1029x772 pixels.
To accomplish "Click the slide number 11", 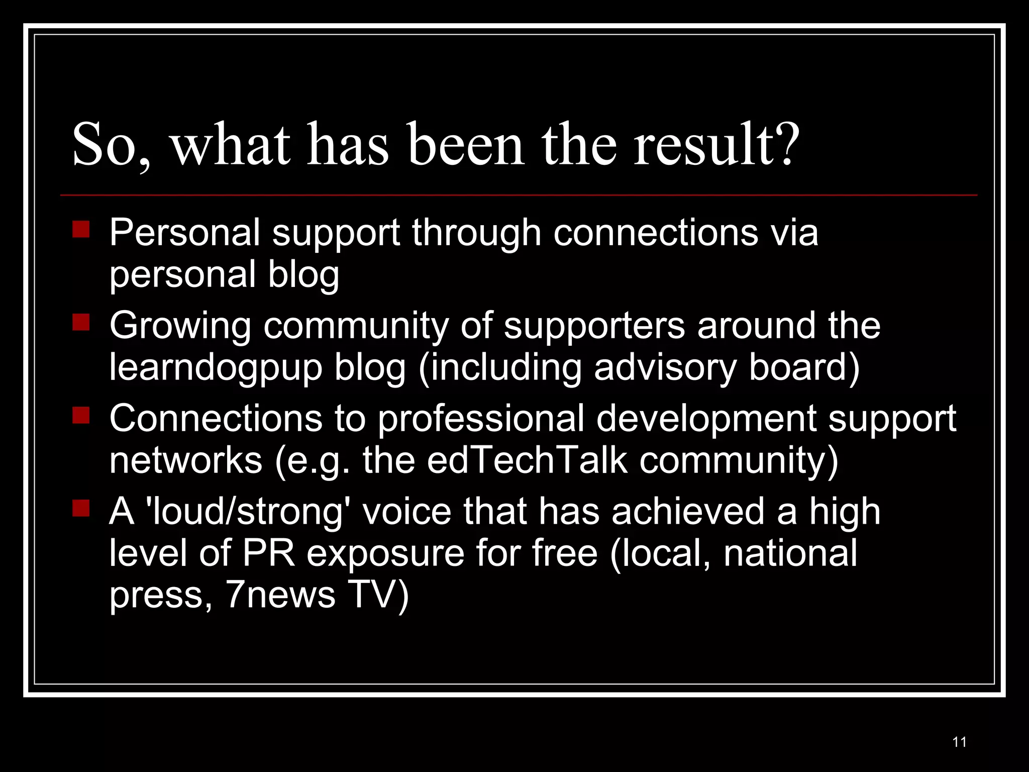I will coord(959,742).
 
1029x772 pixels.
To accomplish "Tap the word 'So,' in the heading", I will coord(111,146).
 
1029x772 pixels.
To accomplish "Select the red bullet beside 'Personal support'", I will coord(81,229).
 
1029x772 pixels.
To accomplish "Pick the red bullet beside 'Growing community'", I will coord(81,322).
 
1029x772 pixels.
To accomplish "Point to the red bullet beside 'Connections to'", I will coord(81,415).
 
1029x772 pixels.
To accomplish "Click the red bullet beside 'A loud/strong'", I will coord(81,508).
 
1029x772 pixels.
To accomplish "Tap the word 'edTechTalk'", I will coord(527,460).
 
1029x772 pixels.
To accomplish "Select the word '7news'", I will coord(280,595).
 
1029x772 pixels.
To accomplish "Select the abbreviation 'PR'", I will coord(269,553).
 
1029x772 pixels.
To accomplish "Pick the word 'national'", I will coord(790,553).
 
